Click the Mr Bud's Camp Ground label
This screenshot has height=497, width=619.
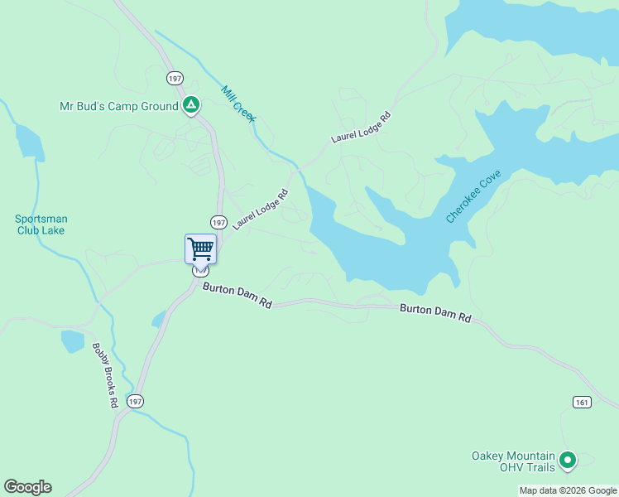(x=118, y=106)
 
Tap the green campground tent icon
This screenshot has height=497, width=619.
(x=191, y=105)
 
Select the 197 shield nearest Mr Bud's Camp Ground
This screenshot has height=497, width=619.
(x=174, y=78)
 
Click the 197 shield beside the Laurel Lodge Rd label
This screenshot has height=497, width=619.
(x=218, y=223)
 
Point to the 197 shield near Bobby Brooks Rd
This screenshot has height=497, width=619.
(x=135, y=401)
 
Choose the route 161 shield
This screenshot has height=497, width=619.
(x=581, y=402)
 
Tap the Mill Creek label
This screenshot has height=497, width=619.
(x=238, y=104)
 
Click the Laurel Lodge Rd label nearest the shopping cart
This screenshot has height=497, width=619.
(x=260, y=210)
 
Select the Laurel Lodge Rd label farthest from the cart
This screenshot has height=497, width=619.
(x=360, y=127)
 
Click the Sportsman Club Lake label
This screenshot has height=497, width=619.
(x=41, y=224)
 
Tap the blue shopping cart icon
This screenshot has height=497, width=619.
(x=200, y=248)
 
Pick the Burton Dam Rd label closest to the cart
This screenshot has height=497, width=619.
(x=238, y=296)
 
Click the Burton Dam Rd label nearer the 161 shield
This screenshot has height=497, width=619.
(x=435, y=312)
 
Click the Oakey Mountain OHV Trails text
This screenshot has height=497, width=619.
(x=513, y=461)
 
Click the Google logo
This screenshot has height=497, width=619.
(x=27, y=487)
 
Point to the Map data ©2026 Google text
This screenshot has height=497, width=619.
(x=567, y=490)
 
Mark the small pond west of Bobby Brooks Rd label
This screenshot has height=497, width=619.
(x=73, y=340)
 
